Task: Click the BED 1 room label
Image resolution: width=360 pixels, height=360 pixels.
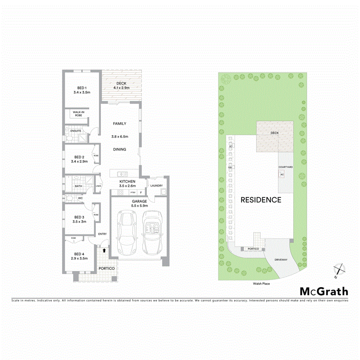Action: [82, 88]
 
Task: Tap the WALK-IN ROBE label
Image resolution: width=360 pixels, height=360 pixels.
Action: [78, 114]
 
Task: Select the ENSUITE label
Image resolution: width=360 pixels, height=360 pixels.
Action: [76, 131]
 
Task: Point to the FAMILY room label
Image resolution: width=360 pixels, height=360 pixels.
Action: [119, 124]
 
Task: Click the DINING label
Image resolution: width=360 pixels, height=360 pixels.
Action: [119, 149]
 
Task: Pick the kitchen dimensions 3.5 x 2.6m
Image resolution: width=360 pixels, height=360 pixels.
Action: [127, 186]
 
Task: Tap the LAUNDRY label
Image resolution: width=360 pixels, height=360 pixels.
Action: [156, 185]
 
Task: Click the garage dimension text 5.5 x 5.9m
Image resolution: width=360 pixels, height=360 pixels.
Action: [139, 206]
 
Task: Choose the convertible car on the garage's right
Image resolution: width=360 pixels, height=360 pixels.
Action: [152, 231]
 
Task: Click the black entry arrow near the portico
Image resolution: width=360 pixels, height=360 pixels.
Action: [104, 250]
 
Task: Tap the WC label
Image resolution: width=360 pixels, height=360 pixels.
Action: [80, 198]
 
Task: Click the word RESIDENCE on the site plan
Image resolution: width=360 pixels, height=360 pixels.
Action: [261, 200]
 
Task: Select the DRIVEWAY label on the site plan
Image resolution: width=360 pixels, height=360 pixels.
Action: [281, 260]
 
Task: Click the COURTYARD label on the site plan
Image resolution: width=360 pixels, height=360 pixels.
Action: [286, 167]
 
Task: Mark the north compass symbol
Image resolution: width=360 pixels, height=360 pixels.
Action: [338, 269]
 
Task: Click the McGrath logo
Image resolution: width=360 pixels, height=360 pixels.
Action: [324, 292]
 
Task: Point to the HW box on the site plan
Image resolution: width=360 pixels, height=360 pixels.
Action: [230, 167]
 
